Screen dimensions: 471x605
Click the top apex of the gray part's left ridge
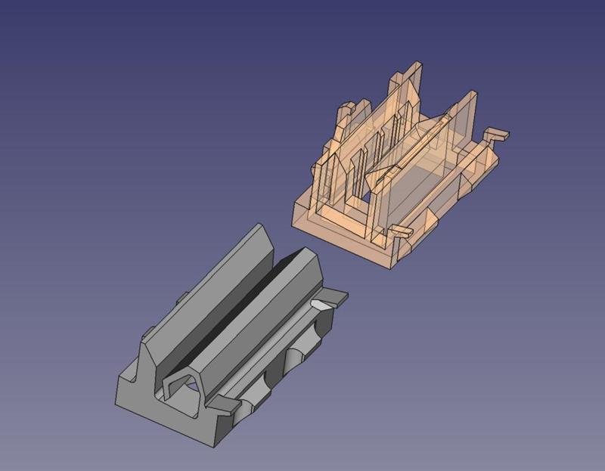click(258, 226)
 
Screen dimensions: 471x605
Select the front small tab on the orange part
click(400, 231)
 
